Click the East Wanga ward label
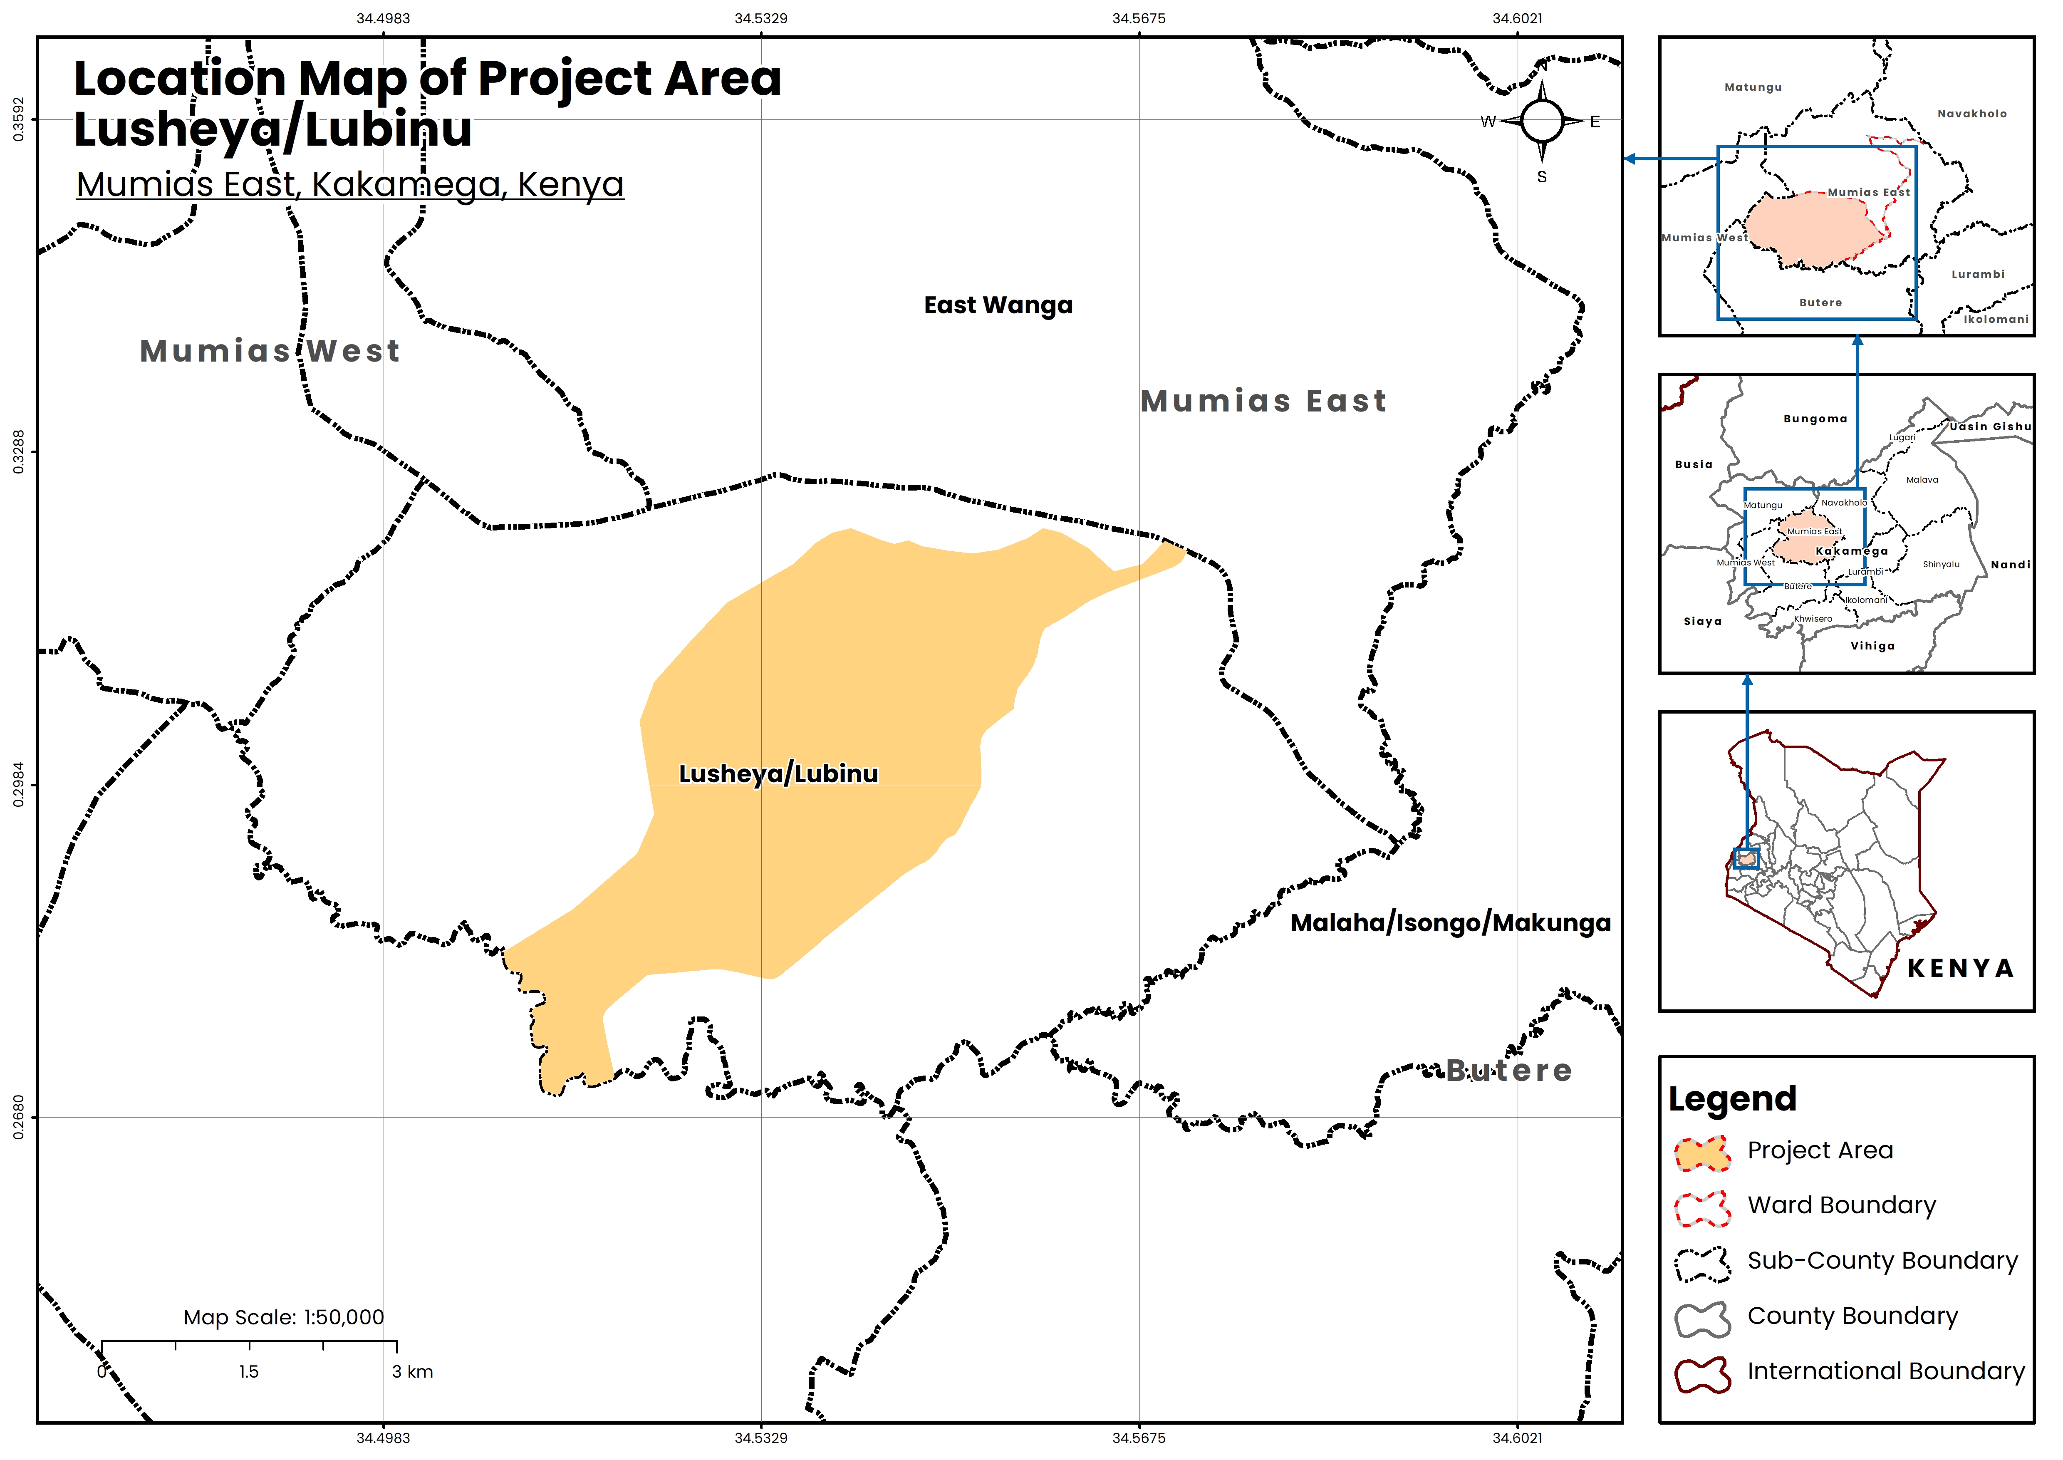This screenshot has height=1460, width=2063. point(998,306)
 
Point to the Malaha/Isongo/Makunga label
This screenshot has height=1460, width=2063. point(1450,923)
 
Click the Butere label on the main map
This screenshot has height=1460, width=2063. point(1508,1071)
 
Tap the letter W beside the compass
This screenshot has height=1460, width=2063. point(1488,121)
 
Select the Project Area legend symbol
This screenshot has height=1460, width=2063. point(1701,1153)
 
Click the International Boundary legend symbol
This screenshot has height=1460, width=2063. point(1701,1375)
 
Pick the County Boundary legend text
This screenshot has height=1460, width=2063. point(1852,1316)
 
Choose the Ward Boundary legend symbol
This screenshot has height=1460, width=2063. point(1701,1208)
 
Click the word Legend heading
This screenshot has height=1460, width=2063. point(1732,1098)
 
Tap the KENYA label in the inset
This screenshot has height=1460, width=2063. point(1960,968)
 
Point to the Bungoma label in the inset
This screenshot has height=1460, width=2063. point(1815,419)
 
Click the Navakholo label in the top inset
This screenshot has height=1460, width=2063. point(1971,114)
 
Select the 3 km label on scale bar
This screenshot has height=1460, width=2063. point(413,1372)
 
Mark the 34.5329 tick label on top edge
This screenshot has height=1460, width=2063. point(760,18)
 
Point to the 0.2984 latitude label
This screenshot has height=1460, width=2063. point(18,785)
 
